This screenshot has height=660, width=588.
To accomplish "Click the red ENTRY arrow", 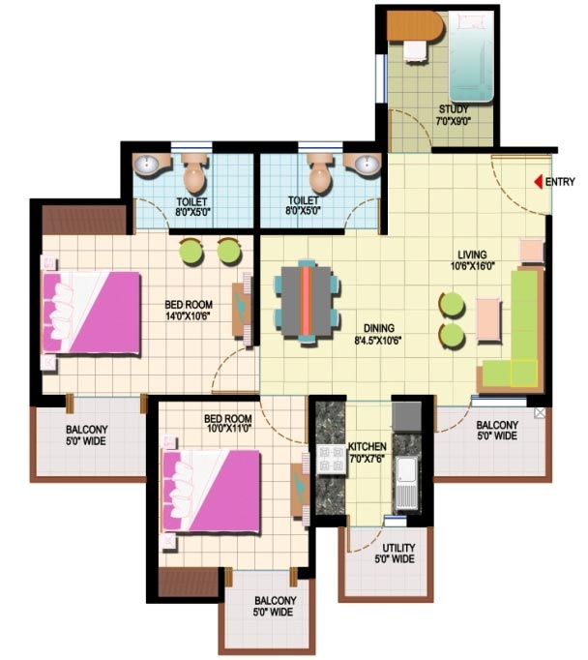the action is click(x=538, y=182).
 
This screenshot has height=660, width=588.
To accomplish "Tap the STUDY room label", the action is click(x=454, y=109).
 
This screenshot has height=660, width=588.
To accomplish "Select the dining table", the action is click(x=307, y=301).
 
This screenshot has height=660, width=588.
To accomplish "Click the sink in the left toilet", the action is click(x=146, y=164).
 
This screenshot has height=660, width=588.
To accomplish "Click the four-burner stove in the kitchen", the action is click(x=332, y=460).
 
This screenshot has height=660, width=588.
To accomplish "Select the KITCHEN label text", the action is click(x=367, y=447).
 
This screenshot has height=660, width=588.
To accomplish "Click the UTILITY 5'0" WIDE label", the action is click(x=395, y=554).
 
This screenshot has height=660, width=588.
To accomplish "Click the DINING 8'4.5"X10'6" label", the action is click(x=378, y=334).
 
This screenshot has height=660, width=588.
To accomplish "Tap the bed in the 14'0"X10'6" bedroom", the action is click(x=91, y=313).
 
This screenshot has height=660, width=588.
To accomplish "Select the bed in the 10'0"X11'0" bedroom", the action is click(x=211, y=492).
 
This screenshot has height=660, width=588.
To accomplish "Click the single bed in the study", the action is click(x=470, y=56).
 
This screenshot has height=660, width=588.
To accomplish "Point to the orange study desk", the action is click(x=415, y=26).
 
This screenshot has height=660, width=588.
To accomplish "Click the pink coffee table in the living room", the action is click(x=489, y=319).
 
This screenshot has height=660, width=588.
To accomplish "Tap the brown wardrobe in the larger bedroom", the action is click(x=84, y=220).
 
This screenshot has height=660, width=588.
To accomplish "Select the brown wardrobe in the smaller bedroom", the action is click(x=189, y=582).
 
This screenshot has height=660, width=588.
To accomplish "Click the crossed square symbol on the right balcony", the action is click(x=540, y=412).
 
